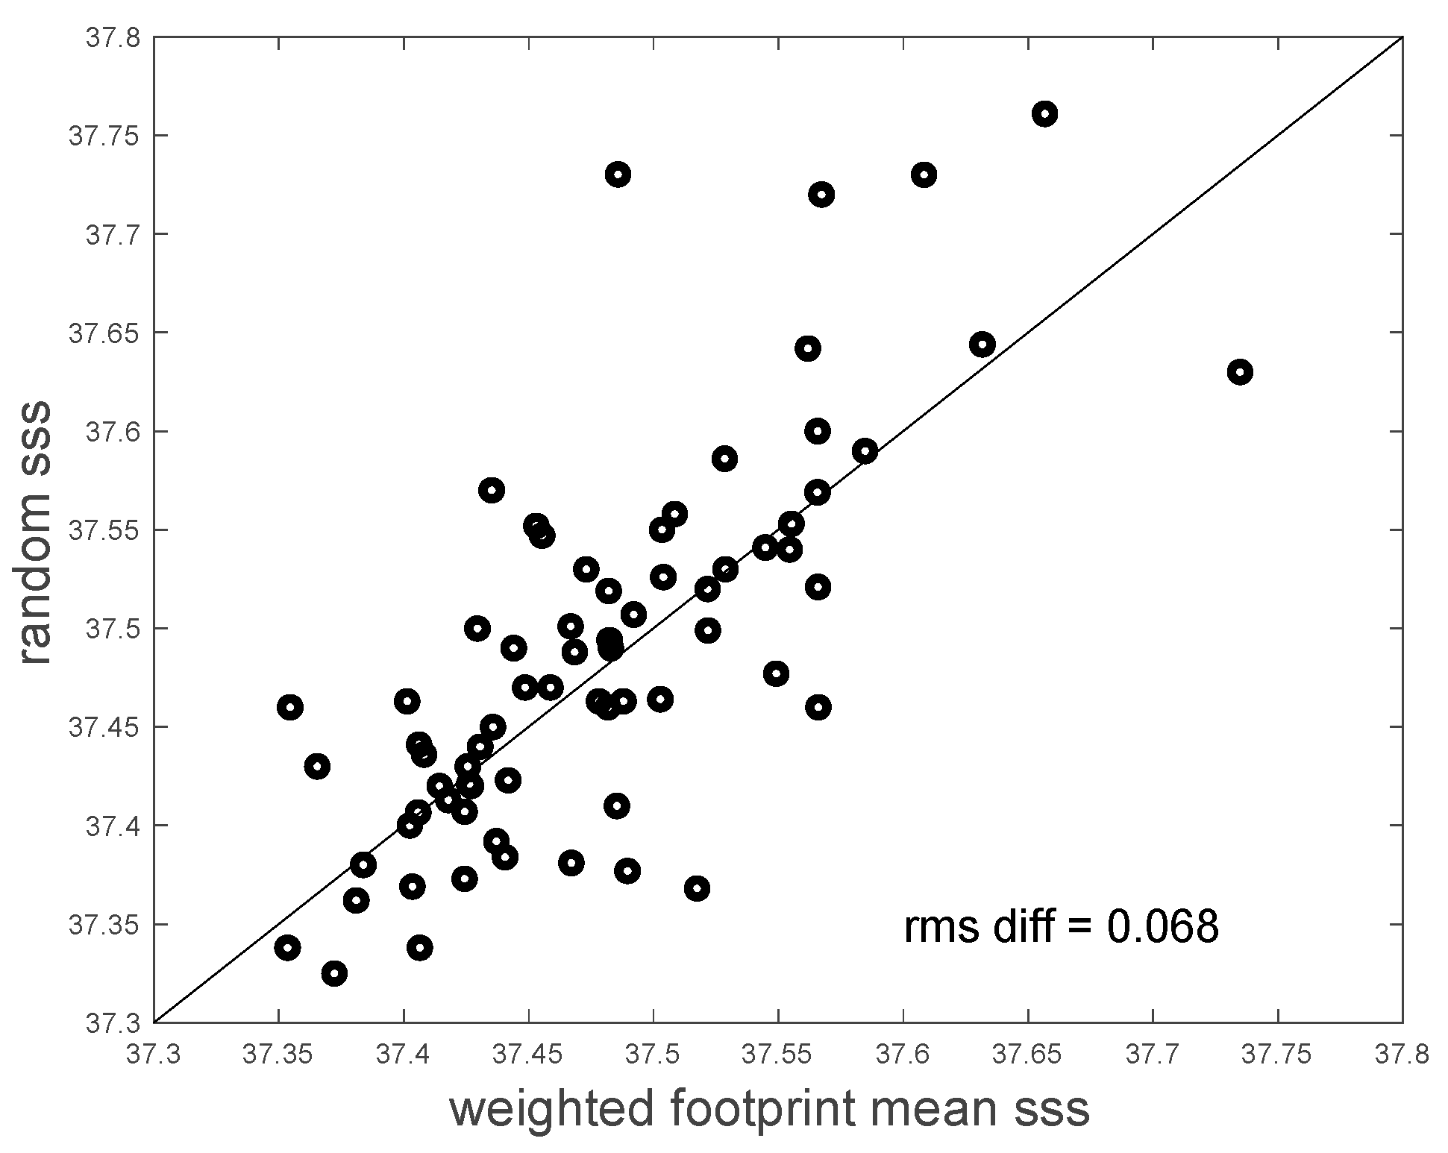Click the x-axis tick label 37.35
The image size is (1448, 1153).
[278, 1055]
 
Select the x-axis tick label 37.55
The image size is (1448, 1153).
[778, 1055]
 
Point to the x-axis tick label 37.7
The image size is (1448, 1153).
[1153, 1055]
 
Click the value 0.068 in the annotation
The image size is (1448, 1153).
[1162, 927]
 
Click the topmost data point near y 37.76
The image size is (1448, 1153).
[1044, 114]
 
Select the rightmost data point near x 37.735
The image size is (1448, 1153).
[1240, 372]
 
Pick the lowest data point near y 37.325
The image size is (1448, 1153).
[334, 973]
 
